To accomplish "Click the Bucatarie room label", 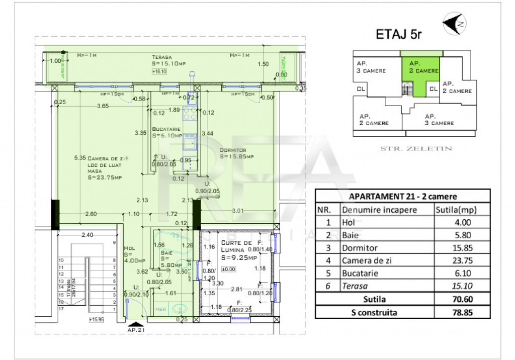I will [x=167, y=132].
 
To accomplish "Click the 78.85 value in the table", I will [x=462, y=312].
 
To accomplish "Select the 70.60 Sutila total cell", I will [x=462, y=299].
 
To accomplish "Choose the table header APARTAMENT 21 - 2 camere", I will [x=402, y=196].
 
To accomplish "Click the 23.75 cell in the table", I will [x=462, y=260].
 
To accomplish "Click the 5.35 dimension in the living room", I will [x=79, y=157].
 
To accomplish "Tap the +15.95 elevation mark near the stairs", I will [x=96, y=319].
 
